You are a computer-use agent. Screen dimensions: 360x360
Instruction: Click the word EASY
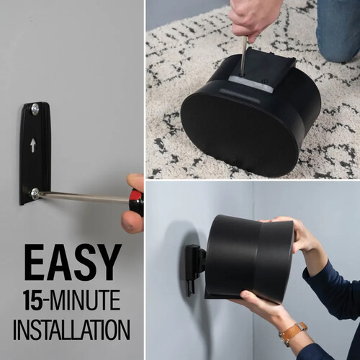[73, 262]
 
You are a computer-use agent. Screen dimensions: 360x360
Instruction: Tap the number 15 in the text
[33, 300]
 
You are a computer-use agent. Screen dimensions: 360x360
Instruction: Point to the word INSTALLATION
[71, 329]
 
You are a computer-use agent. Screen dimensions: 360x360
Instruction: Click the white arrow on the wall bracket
[32, 146]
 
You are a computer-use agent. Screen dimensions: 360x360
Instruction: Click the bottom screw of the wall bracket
[35, 193]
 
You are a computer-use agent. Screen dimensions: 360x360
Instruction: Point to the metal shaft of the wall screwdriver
[84, 197]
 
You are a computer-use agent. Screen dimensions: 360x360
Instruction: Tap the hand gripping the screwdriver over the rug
[252, 19]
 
